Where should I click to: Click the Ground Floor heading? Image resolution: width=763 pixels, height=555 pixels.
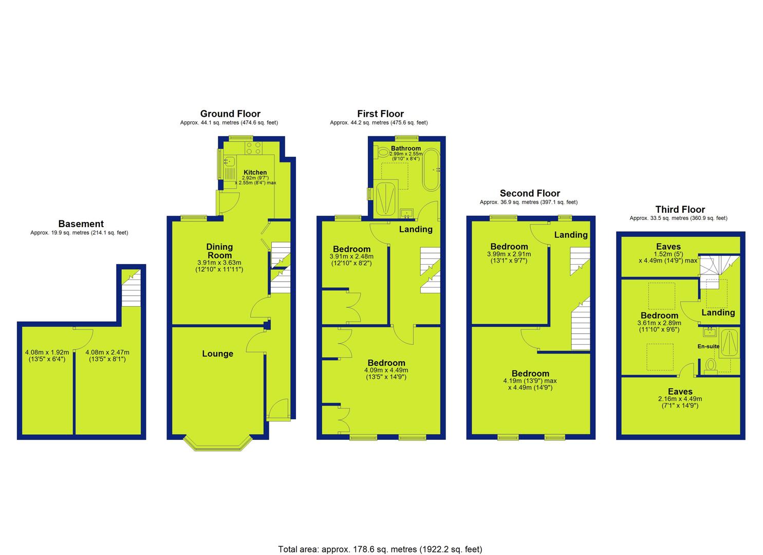coord(230,114)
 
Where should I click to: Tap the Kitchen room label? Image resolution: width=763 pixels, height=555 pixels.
coord(255,172)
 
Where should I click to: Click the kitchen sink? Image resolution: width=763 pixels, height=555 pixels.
coord(230,160)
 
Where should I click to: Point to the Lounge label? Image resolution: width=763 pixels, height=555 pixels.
coord(218,354)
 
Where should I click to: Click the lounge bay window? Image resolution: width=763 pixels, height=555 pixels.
coord(218,443)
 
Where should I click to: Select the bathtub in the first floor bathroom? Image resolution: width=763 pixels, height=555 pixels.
coord(431,170)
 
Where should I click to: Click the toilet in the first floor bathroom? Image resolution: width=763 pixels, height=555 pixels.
coord(382,152)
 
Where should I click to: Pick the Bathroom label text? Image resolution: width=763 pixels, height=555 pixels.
coord(406,149)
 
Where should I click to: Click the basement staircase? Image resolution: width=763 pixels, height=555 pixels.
coord(131,288)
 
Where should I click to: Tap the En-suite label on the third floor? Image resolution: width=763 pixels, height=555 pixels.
coord(708,346)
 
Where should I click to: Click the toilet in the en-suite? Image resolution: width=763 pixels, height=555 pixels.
coord(711,365)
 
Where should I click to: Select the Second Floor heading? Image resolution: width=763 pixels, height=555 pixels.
coord(530,194)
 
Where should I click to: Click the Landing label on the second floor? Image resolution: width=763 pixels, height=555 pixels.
coord(571,235)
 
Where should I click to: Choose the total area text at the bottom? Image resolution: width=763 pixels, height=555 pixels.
coord(380,530)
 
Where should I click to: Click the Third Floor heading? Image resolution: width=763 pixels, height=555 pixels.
coord(680,210)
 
